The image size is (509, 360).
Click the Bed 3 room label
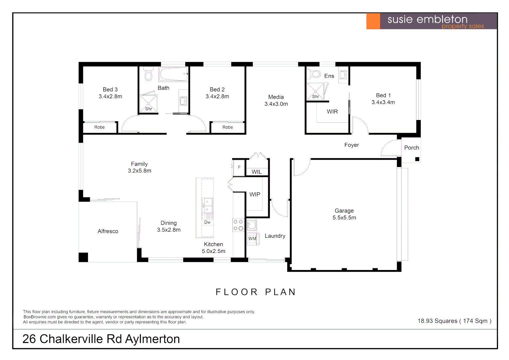pos(110,89)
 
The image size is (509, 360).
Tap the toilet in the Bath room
pos(148,74)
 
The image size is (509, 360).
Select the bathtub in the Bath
pos(173,74)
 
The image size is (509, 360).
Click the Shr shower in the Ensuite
pos(315,92)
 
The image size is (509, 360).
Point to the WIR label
pos(332,112)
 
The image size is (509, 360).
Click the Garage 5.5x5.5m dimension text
pos(344,218)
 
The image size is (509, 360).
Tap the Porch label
pos(411,148)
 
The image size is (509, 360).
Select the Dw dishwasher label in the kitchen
pos(207,222)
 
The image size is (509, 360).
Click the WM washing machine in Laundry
pos(253,239)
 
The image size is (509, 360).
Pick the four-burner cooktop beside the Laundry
pos(238,225)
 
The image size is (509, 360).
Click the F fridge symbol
pos(239,167)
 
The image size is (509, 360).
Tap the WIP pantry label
pos(255,194)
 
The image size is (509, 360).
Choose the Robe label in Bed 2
pos(228,127)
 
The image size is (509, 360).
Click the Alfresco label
pos(108,231)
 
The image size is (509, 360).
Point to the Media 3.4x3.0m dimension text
pos(276,104)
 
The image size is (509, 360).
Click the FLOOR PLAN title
pos(256,292)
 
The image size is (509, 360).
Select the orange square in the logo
pos(373,21)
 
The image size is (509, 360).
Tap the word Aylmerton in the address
pos(152,339)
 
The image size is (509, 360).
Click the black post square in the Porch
pos(417,159)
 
